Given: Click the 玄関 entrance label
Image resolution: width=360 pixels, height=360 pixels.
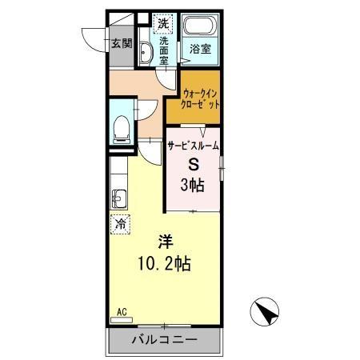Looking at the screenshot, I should tap(122, 44).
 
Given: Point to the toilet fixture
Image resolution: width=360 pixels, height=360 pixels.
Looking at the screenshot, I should tap(121, 127).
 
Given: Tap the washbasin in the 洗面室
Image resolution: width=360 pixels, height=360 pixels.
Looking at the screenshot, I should tap(146, 54).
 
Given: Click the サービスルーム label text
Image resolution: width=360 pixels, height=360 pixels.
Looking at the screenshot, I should tap(193, 146).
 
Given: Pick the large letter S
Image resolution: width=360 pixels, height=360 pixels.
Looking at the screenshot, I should tap(193, 166).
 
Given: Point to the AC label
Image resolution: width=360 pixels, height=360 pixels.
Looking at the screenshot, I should tap(122, 310).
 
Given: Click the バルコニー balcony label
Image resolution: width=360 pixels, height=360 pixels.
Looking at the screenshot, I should tap(164, 340).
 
